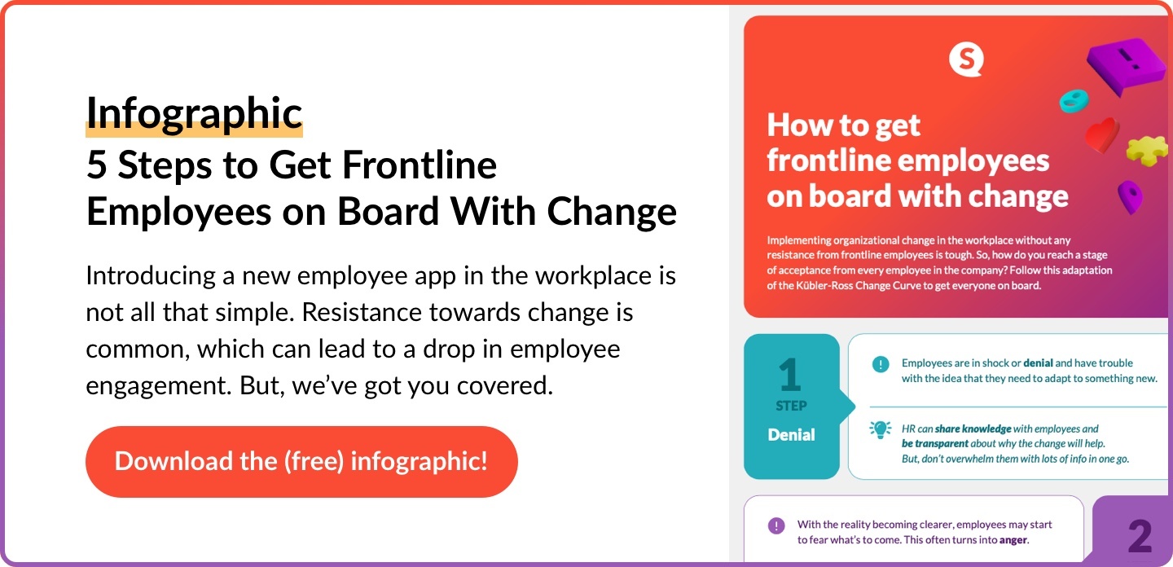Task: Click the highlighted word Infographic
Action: coord(194,113)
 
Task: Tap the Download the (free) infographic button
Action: coord(301,461)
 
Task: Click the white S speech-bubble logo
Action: coord(966,60)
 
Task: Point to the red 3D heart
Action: coord(1102,135)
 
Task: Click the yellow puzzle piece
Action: coord(1147,151)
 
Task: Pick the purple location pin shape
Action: coord(1131,197)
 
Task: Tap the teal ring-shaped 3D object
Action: coord(1074,101)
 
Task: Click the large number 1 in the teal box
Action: coord(790,375)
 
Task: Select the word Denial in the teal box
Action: coord(791,434)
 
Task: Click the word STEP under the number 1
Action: coord(791,406)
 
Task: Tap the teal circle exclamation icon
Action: coord(881,364)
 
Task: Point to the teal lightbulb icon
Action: coord(881,429)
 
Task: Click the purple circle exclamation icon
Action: coord(776,525)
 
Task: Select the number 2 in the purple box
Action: coord(1140,536)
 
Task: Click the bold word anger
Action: coord(1013,540)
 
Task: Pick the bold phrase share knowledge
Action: coord(973,429)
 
